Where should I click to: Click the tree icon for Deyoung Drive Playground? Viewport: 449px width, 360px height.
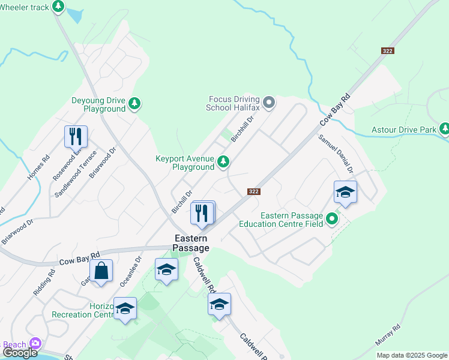coord(135,103)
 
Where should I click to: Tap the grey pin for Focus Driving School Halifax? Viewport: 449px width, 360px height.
coord(269,102)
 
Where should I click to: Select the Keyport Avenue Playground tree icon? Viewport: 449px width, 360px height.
coord(223,161)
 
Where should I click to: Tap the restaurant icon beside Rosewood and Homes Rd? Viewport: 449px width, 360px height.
coord(76,136)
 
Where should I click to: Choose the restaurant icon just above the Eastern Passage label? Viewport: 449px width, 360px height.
coord(202,212)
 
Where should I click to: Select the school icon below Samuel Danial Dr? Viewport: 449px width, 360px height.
coord(345,192)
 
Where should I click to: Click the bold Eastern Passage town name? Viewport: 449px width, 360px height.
coord(192,243)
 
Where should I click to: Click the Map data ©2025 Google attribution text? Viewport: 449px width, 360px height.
coord(412,355)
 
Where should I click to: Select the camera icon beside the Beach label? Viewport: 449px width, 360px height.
coord(35,343)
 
